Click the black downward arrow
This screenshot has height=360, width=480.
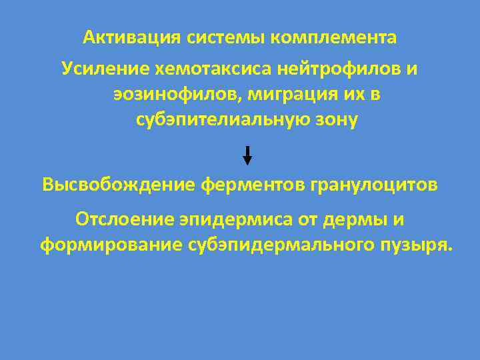coord(247,155)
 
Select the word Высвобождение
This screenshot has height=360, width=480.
coord(118,184)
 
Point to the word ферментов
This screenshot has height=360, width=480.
coord(252,184)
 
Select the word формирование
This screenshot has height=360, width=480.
coord(103,245)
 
